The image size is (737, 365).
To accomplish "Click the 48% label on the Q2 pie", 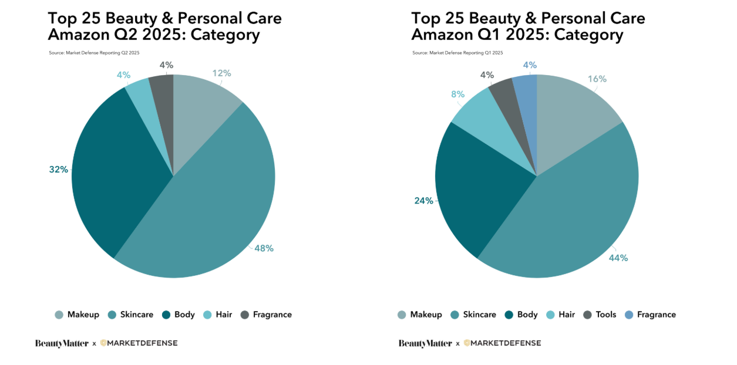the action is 264,248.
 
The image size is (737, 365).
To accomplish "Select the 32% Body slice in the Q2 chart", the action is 122,171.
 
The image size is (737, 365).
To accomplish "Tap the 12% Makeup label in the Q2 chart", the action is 222,73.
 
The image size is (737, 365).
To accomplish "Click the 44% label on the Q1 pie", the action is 618,258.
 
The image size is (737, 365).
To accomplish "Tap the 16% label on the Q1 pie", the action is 597,79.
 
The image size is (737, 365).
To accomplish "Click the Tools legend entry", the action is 600,315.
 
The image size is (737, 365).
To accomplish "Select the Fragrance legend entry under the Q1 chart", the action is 650,315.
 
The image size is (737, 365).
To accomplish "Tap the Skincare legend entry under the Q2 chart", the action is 130,315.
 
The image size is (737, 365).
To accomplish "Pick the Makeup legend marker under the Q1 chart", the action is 402,315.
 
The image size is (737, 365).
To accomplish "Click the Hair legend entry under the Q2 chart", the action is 218,315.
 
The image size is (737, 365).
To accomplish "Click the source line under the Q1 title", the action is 457,53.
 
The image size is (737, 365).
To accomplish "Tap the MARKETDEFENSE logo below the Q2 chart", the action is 139,343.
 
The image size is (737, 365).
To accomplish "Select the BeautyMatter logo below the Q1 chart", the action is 425,343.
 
